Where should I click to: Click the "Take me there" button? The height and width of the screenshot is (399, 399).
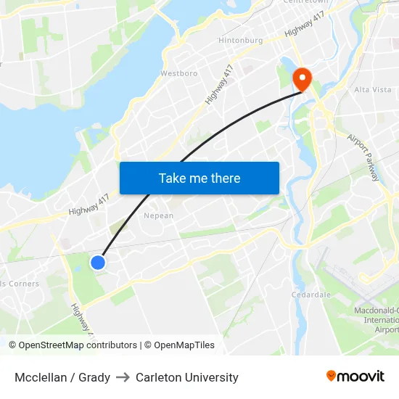[199, 178]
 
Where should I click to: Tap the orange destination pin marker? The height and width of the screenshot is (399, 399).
[300, 79]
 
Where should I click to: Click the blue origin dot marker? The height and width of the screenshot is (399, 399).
[98, 263]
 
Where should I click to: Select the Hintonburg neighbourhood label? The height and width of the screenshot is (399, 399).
[240, 41]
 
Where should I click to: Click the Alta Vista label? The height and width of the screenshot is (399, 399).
[372, 89]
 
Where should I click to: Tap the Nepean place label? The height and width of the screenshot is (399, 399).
[159, 215]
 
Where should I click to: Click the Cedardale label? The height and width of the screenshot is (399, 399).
[311, 295]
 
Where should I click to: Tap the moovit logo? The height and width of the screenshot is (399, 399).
[355, 376]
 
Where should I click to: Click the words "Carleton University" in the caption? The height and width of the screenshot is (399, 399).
[186, 377]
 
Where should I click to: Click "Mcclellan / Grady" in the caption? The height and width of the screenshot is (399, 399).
[62, 377]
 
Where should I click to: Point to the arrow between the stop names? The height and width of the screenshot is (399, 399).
[123, 377]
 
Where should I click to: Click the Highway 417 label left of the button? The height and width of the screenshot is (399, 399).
[89, 205]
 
